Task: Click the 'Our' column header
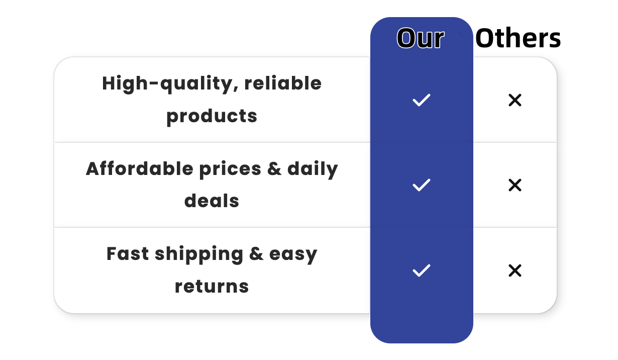421,38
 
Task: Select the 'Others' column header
518,38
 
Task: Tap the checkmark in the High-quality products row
421,100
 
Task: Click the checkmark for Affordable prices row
421,185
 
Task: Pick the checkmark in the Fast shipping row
421,271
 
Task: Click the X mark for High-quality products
515,100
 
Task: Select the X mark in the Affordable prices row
515,185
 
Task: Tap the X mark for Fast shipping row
515,271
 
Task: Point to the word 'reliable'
283,83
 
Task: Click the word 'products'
212,117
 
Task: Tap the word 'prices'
230,169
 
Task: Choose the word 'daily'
313,169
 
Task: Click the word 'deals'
212,201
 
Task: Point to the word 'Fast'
128,254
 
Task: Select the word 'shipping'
199,254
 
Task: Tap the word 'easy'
293,255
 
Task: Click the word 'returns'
212,287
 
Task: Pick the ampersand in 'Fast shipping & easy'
256,254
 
